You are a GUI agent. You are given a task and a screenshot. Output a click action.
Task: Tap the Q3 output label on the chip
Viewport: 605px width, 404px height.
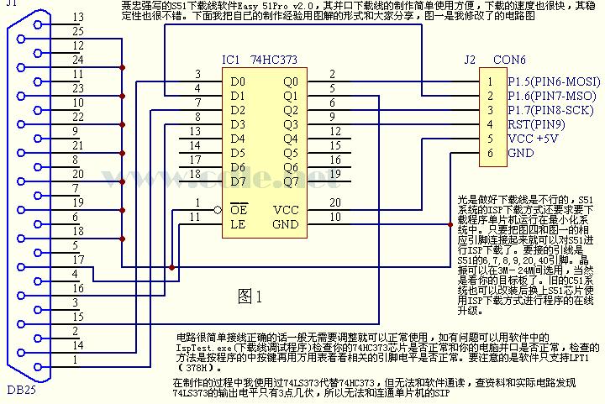pos(290,124)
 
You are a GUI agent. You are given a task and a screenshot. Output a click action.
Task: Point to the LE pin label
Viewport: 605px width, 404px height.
pos(239,224)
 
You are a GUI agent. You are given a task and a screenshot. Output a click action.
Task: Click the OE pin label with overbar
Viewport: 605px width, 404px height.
pos(239,210)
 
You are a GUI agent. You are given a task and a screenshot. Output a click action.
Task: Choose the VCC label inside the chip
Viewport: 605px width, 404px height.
pos(286,210)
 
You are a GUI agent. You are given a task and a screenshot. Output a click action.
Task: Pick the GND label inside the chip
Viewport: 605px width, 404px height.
pos(286,224)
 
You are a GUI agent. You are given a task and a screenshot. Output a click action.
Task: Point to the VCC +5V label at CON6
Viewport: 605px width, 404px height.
pos(533,139)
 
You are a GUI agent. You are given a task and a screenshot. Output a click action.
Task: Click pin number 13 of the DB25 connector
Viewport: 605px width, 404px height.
pos(77,17)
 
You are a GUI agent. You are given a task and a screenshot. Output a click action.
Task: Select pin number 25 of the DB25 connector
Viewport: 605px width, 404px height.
pos(77,31)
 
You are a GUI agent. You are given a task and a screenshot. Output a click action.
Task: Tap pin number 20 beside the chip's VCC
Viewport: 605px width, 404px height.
pos(334,203)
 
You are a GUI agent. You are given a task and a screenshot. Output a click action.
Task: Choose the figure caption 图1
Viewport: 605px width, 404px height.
pos(250,296)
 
